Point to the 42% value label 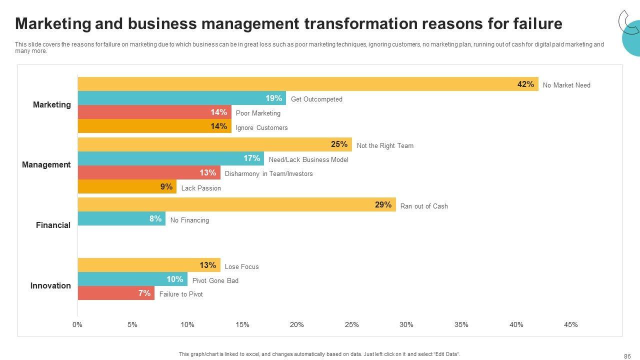click(x=525, y=84)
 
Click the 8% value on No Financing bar click(x=155, y=218)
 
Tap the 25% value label click(x=339, y=144)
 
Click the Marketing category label click(x=52, y=105)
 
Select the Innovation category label click(x=50, y=286)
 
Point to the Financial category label click(x=53, y=225)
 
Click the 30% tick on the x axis click(x=406, y=325)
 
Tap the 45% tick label click(x=571, y=325)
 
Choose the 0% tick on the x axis click(x=77, y=325)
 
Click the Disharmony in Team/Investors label click(x=268, y=174)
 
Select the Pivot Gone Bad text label click(x=215, y=281)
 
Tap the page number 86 click(x=627, y=356)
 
